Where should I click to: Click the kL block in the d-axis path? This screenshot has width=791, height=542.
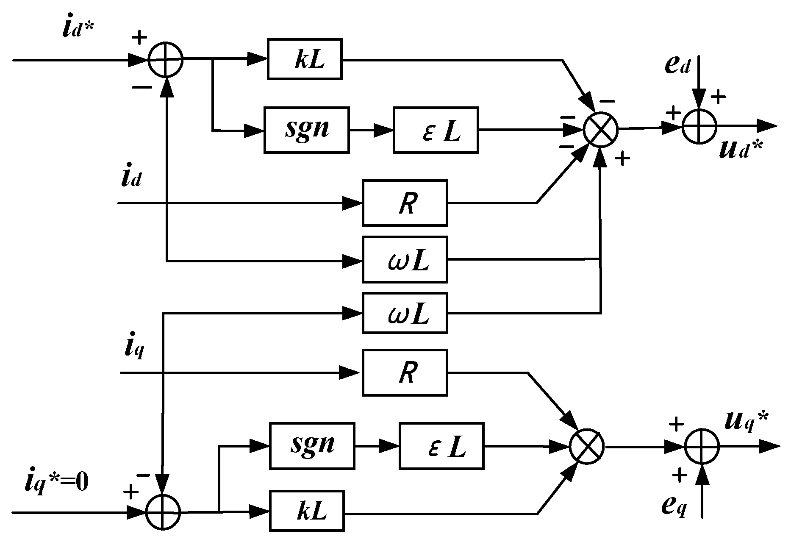[305, 59]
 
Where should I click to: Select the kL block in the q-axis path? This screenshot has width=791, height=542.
[307, 511]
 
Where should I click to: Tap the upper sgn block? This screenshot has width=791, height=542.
[307, 130]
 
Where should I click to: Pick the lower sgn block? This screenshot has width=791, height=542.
[312, 446]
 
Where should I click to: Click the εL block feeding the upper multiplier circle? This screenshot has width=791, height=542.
[436, 130]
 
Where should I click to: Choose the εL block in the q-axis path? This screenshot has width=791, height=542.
[441, 446]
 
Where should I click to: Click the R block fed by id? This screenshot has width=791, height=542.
[405, 203]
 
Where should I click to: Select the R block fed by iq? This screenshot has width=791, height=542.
[405, 373]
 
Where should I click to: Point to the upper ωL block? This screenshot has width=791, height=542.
[405, 260]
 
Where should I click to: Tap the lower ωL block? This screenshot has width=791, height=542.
[405, 313]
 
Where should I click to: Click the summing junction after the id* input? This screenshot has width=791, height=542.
[166, 60]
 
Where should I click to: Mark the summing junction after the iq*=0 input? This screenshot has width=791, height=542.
[163, 512]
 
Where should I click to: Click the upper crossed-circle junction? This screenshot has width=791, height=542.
[601, 129]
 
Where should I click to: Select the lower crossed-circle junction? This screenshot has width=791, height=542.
[587, 447]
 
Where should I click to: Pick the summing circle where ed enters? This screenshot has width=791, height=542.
[699, 126]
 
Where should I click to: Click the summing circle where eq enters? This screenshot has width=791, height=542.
[702, 446]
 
